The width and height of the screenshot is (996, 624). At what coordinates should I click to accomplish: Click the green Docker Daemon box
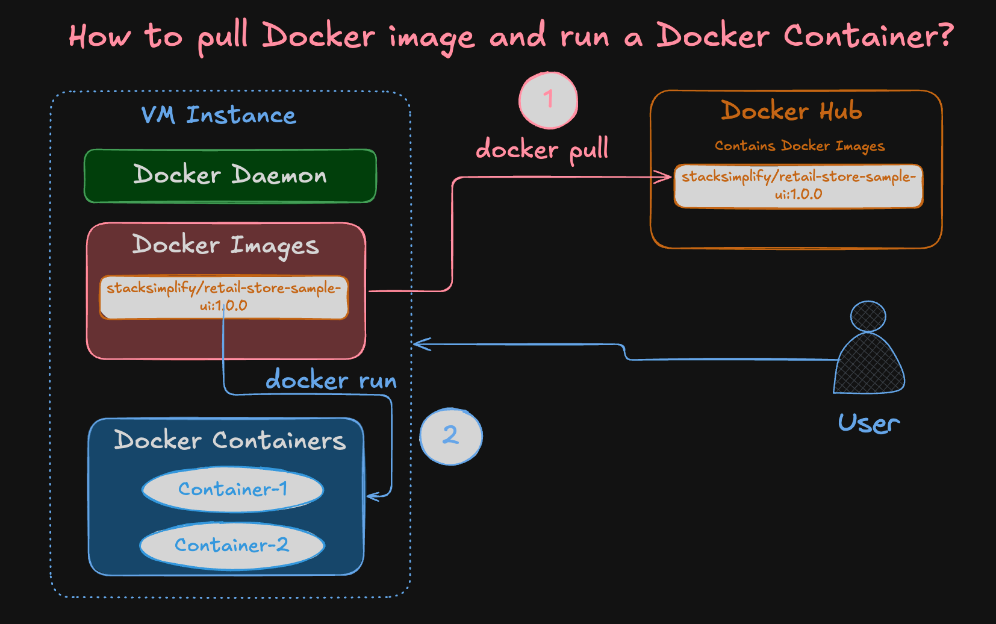[x=230, y=175]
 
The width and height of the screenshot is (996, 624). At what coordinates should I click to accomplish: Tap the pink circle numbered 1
[x=548, y=101]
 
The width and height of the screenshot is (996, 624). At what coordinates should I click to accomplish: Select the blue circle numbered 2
[x=450, y=436]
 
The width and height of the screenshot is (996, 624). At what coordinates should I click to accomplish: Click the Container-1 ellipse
[x=232, y=489]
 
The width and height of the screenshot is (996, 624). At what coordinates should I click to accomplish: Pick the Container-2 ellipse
[x=232, y=545]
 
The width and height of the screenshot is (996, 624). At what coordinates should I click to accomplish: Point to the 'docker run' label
[x=331, y=381]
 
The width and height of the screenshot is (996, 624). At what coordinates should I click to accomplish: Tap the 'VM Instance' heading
[x=218, y=114]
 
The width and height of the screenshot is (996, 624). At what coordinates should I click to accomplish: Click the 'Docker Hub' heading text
[x=791, y=111]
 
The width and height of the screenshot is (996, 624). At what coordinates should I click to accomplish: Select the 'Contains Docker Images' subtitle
[x=799, y=146]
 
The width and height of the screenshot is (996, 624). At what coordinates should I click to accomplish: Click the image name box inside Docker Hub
[x=798, y=186]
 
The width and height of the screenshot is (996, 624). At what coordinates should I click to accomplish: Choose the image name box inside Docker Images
[x=223, y=297]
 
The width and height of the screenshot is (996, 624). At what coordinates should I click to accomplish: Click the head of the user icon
[x=868, y=316]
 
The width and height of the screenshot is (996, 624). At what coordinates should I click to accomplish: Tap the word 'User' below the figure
[x=868, y=423]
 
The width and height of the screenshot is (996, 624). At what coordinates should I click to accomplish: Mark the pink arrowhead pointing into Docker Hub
[x=665, y=176]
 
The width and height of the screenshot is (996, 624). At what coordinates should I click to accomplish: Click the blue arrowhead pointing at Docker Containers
[x=373, y=497]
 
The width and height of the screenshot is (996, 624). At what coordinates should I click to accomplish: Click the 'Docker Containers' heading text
[x=229, y=440]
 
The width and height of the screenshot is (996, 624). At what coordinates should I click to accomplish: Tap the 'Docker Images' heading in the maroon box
[x=225, y=245]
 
